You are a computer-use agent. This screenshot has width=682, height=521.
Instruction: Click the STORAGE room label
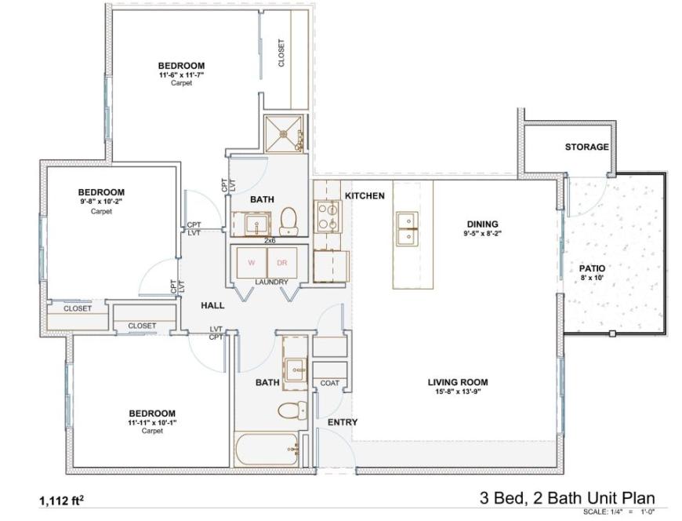coord(586,147)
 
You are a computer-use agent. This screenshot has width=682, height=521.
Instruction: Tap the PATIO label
coord(592,268)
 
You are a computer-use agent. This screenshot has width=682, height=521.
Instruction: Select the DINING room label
coord(482,224)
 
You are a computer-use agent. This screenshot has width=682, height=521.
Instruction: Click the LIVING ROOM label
coord(458,382)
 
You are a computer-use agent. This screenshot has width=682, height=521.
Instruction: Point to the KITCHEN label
coord(365,196)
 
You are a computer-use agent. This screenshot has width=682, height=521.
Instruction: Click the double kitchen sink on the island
coord(407,229)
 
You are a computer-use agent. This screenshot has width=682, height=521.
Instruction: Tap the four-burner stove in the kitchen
coord(328,217)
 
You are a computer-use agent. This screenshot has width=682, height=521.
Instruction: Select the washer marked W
coord(252,262)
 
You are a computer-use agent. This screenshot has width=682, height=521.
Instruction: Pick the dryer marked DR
coord(282,262)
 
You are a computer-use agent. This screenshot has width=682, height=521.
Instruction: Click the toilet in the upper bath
coord(288,221)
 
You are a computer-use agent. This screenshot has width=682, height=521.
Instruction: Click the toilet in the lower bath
coord(292,410)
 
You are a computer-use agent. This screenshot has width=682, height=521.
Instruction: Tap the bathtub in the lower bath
coord(267,450)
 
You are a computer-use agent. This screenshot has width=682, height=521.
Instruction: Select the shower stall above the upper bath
coord(284,133)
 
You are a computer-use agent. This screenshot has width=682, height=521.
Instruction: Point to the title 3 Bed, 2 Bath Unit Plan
coord(568,497)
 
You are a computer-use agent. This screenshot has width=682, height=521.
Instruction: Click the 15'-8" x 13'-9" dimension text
coord(458,392)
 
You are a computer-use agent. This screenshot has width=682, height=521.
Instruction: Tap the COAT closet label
coord(330,383)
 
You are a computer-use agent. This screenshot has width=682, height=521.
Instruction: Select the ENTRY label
coord(343,422)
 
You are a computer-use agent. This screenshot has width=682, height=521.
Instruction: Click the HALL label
coord(212,305)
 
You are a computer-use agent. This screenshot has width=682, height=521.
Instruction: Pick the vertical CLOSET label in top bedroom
coord(281,53)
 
